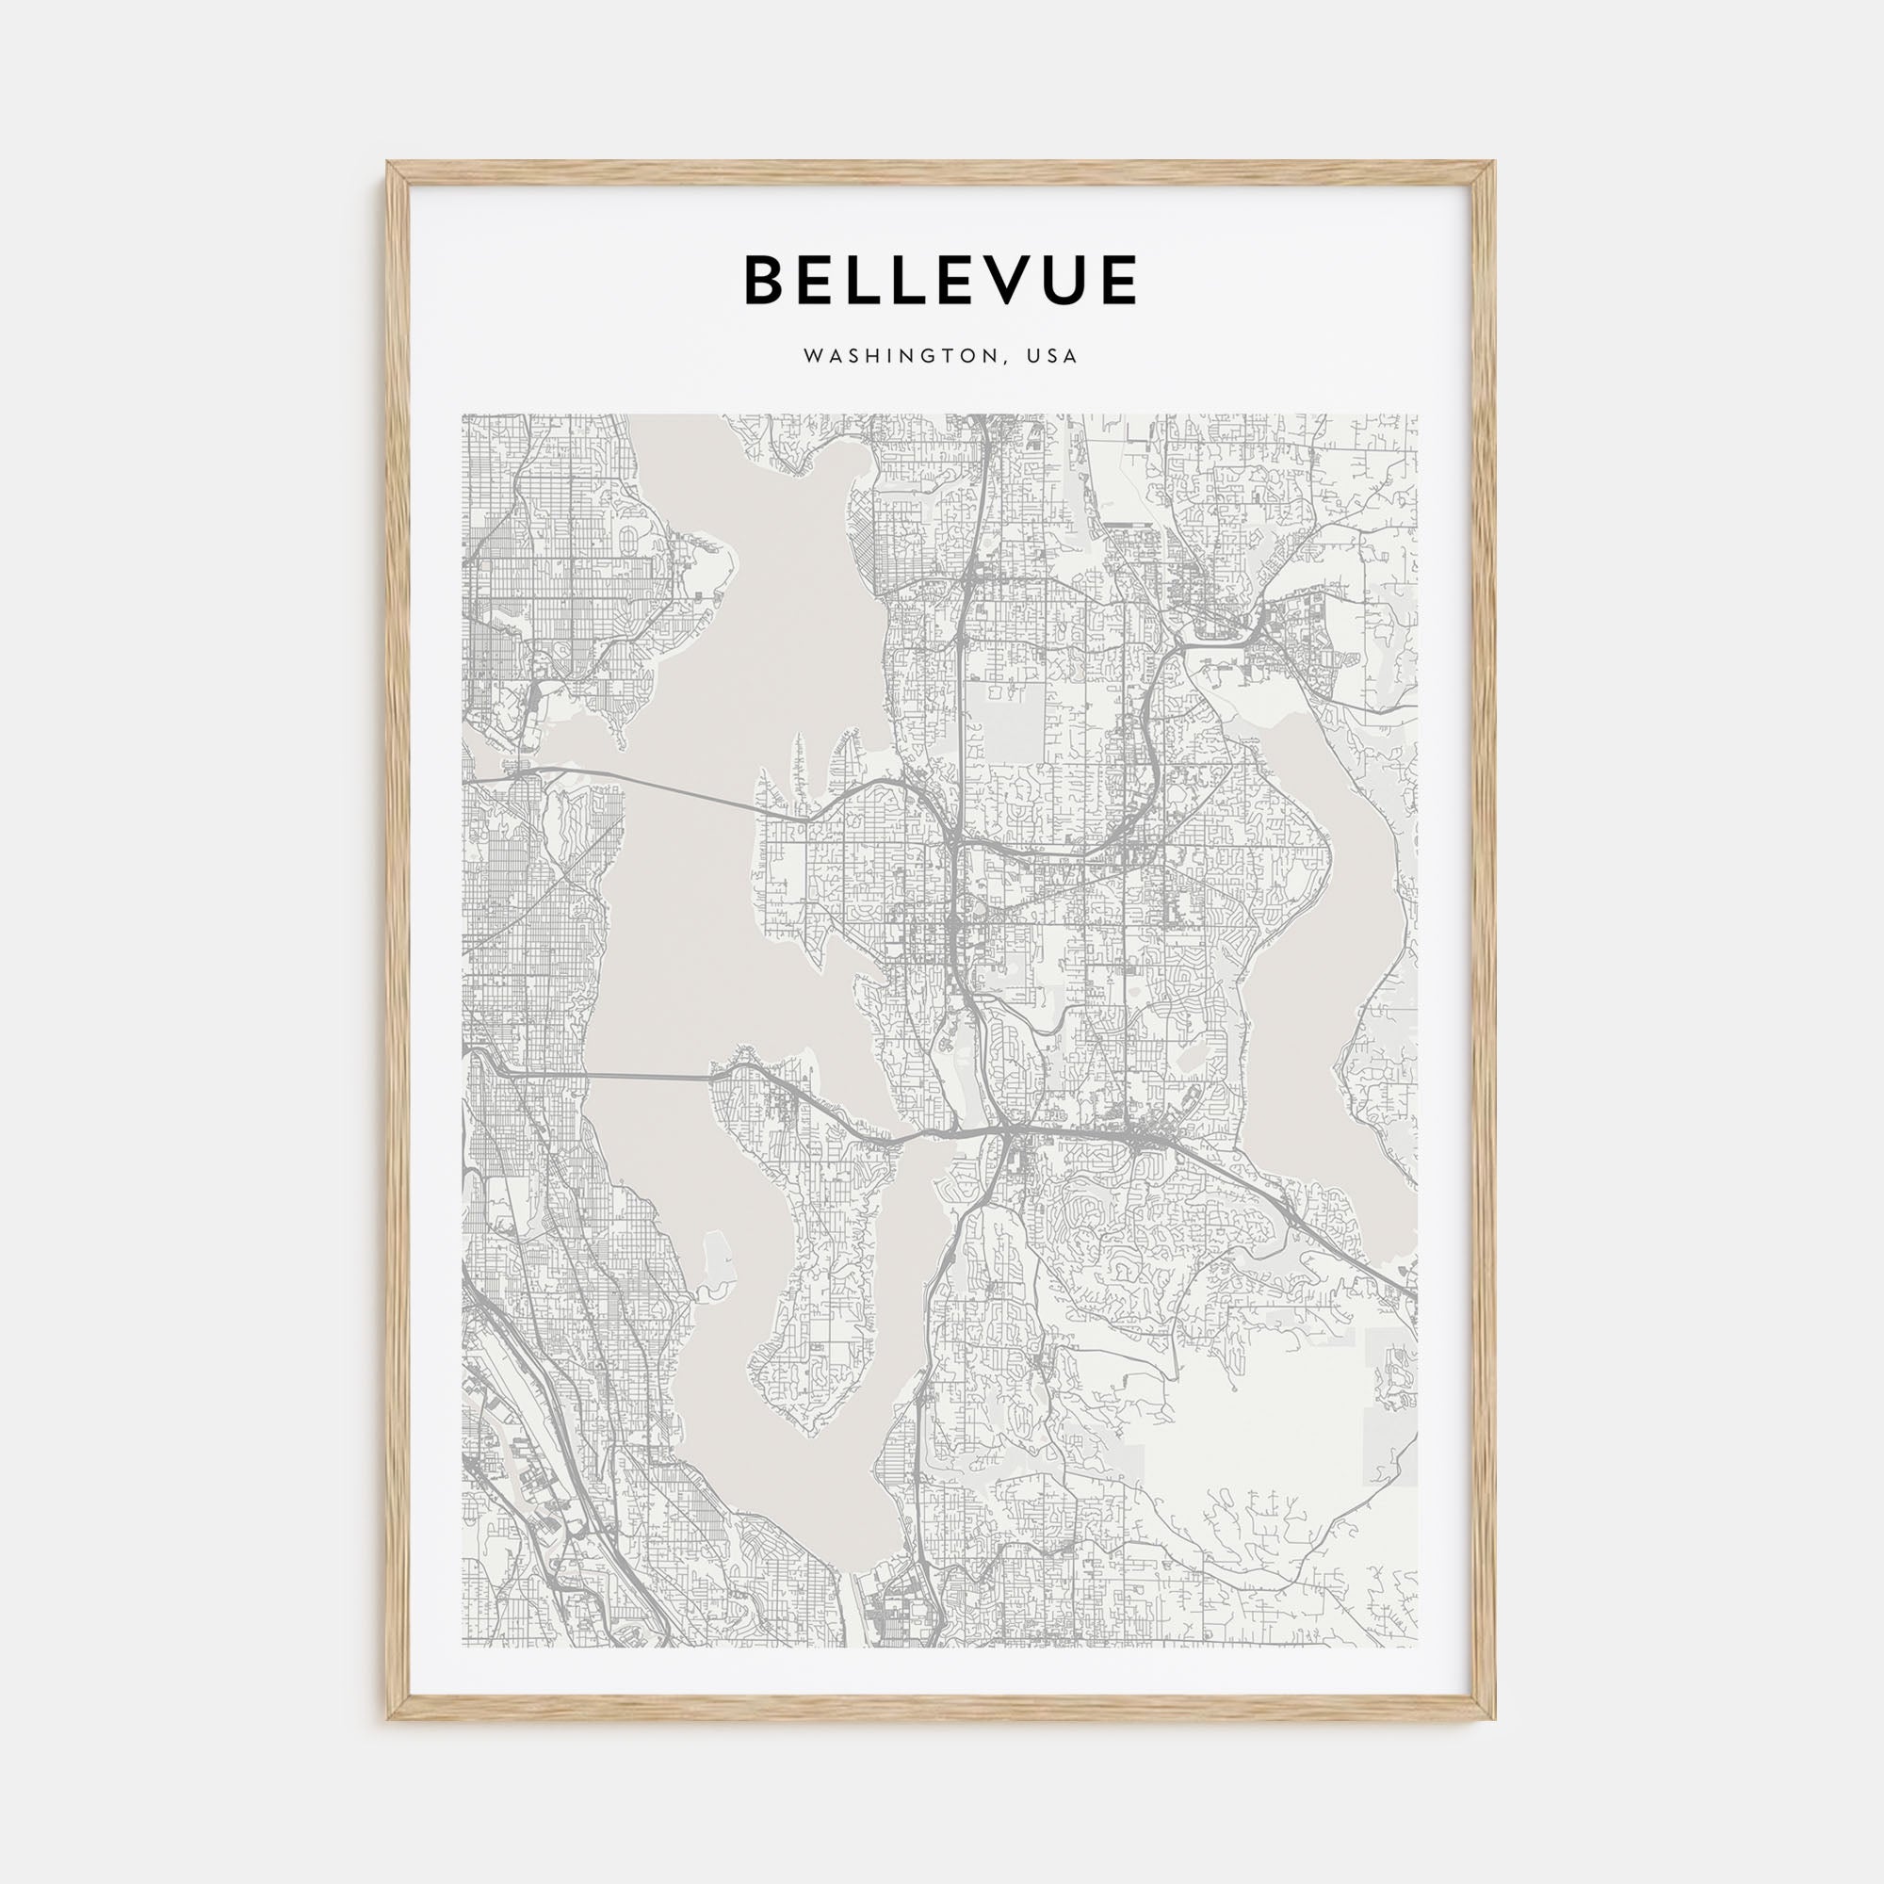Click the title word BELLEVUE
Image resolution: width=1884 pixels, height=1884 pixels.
(x=940, y=280)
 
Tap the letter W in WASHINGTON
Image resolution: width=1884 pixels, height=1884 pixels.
(x=811, y=357)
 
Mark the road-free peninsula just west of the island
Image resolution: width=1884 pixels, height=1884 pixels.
(x=717, y=1258)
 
